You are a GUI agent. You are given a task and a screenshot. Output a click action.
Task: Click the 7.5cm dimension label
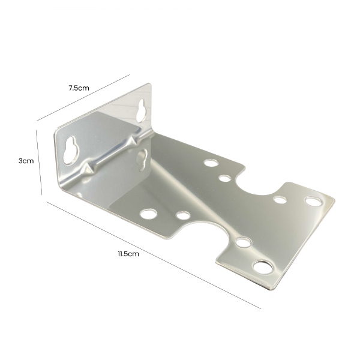tap(79, 88)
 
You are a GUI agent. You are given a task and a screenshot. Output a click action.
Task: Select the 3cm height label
tap(25, 161)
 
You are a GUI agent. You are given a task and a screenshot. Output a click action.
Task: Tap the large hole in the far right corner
tap(313, 200)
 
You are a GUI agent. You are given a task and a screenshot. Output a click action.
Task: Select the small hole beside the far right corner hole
tap(280, 200)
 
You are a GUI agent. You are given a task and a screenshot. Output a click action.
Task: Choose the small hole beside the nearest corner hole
tap(243, 242)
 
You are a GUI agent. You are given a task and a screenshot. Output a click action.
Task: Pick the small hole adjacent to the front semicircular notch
tap(183, 215)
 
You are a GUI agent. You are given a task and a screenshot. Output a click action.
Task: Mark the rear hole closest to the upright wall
tap(210, 162)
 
